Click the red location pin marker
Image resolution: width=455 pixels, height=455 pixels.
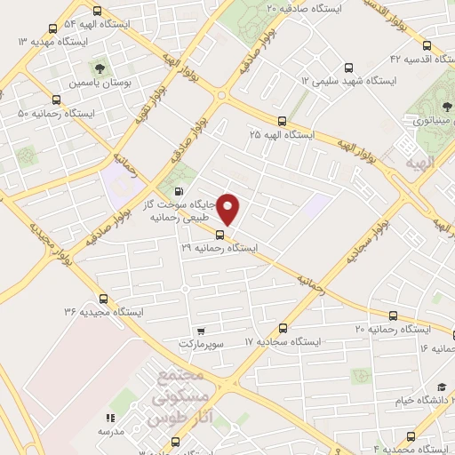229,209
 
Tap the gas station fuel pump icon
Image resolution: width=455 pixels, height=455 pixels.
180,192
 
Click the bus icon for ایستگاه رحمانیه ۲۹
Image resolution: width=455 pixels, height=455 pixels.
220,235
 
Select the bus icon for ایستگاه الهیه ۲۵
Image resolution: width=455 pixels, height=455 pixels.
282,121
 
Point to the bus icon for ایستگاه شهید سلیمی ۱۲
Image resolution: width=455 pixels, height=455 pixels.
348,67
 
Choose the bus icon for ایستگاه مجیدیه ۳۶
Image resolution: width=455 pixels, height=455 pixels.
103,299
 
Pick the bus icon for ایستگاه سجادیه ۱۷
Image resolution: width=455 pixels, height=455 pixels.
283,328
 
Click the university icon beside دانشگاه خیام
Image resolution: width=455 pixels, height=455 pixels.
442,387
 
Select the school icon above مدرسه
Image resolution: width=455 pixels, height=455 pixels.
110,417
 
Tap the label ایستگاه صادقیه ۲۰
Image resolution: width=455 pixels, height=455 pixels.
294,8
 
